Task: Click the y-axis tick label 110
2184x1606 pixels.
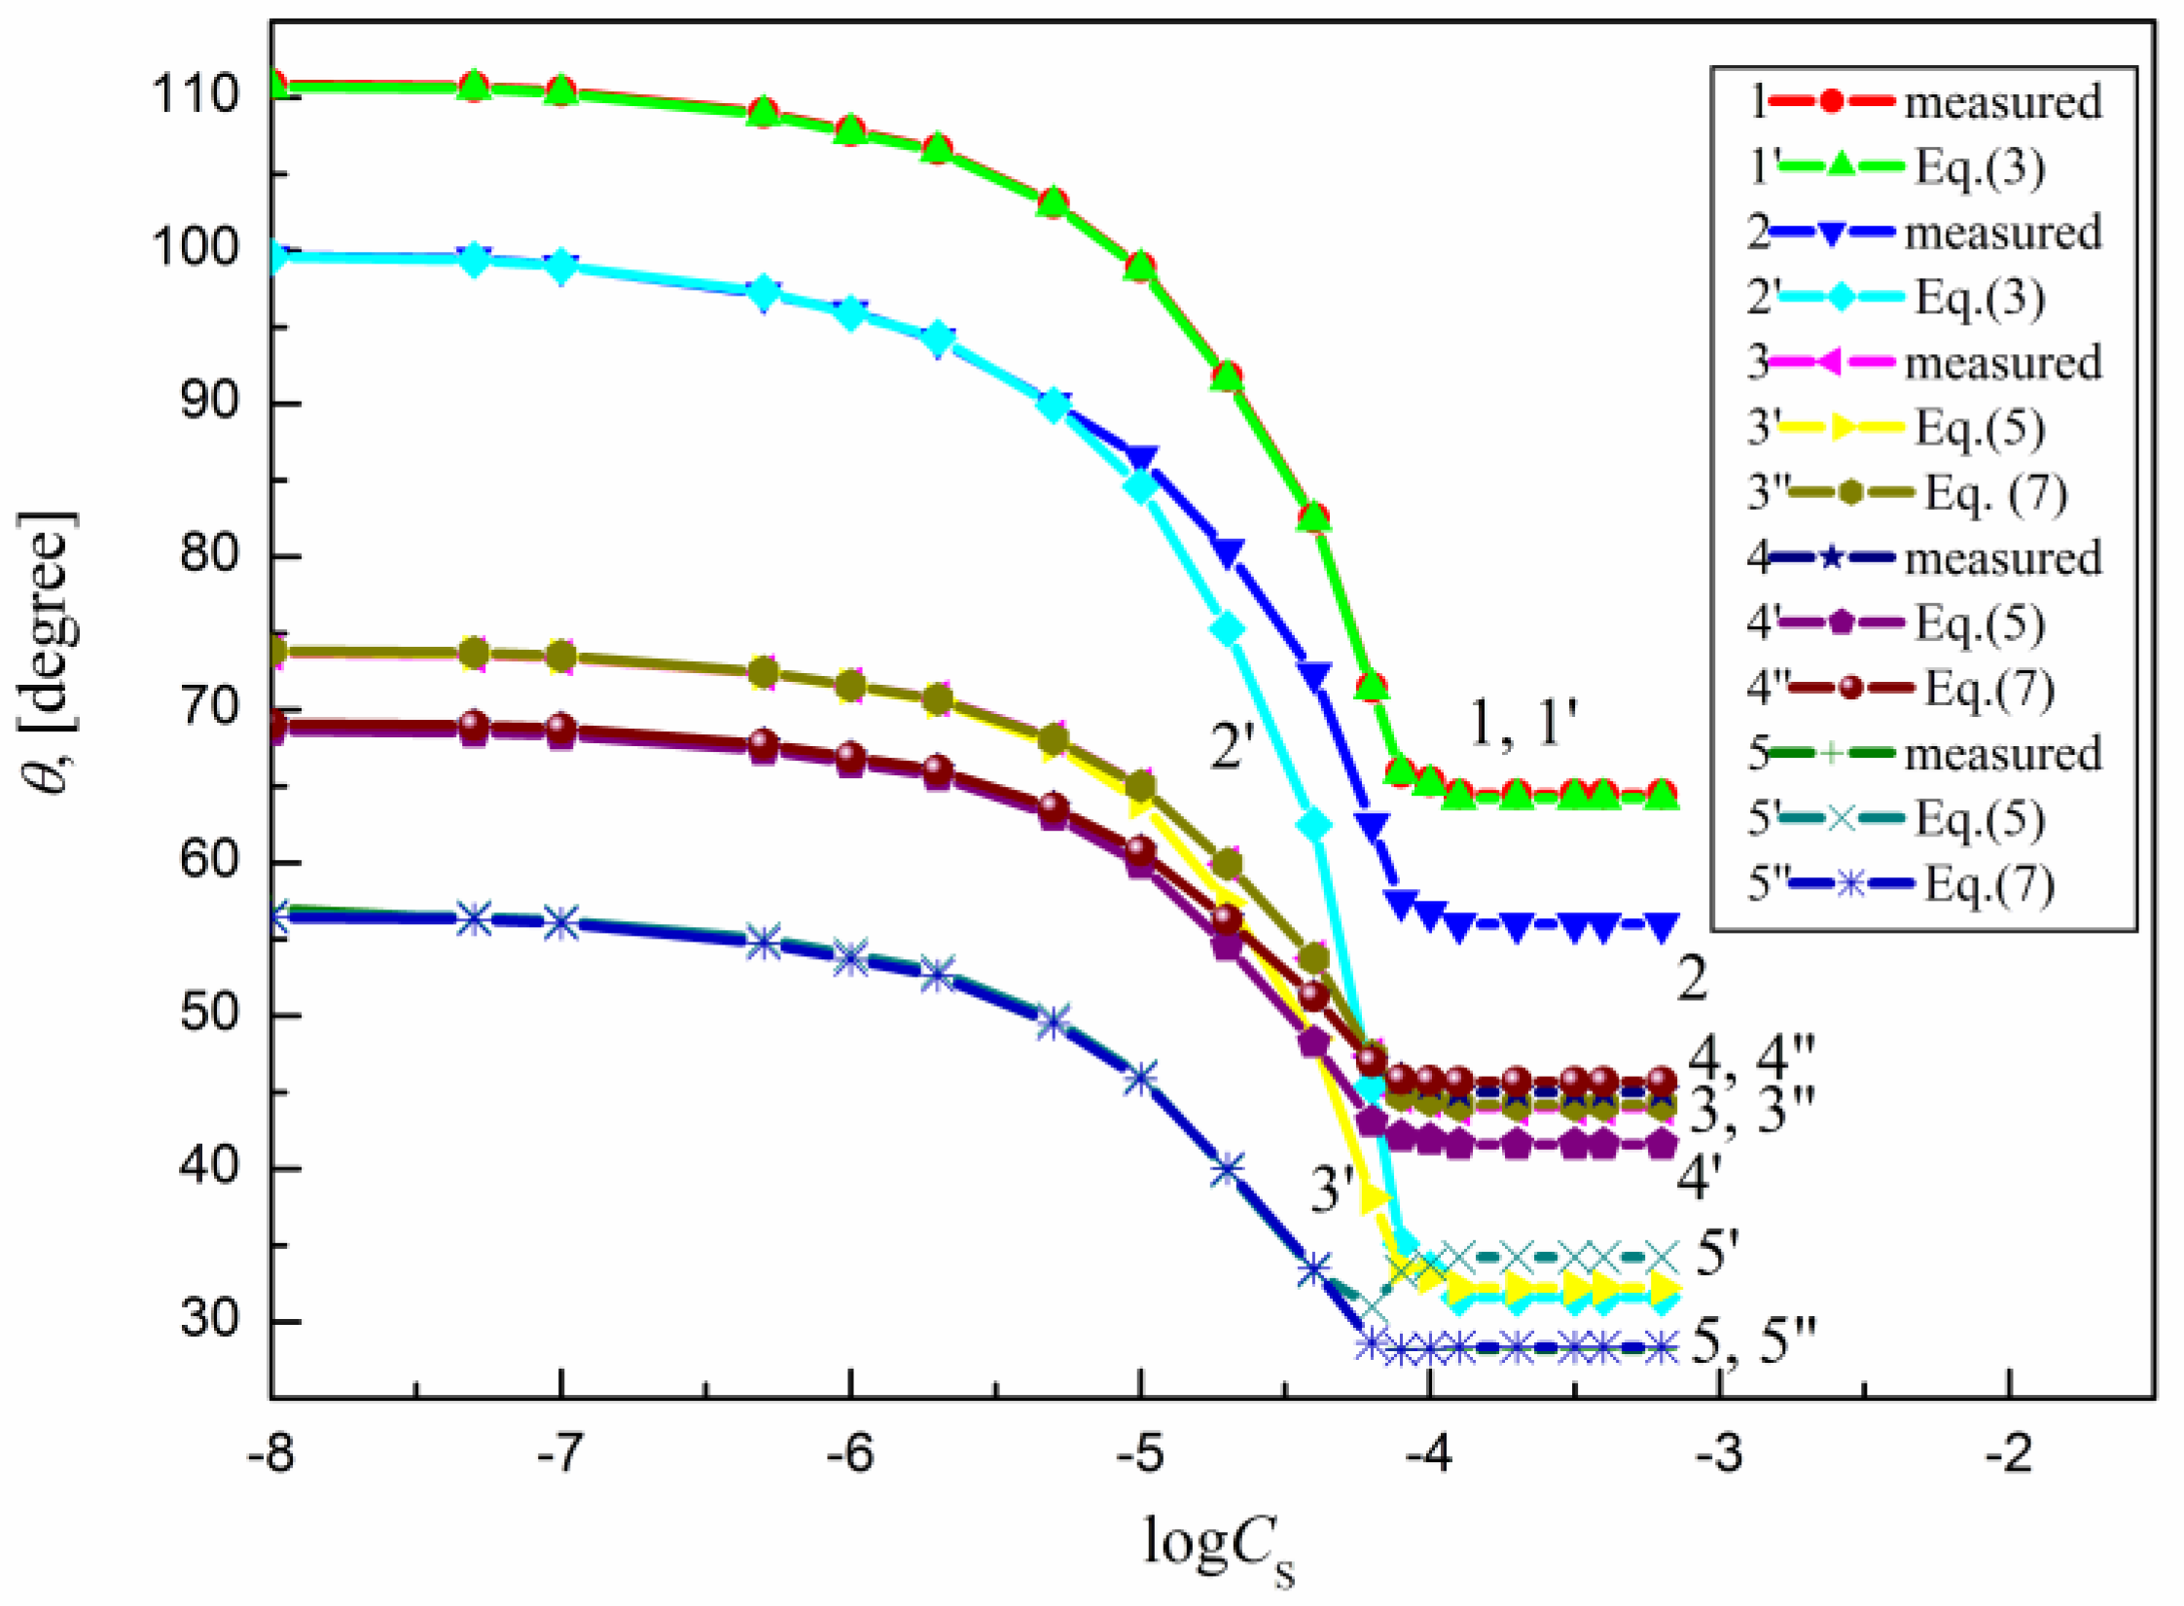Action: tap(196, 96)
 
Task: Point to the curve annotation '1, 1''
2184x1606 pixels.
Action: tap(1522, 724)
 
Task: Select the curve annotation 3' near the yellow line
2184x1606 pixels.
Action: tap(1333, 1189)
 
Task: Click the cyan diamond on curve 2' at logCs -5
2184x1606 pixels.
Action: tap(1141, 486)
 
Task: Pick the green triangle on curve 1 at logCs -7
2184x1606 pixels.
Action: tap(560, 91)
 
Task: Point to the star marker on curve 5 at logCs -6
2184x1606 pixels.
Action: tap(851, 957)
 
